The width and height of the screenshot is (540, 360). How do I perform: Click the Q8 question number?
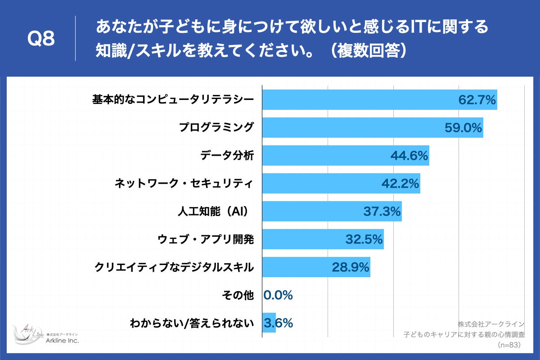pos(41,39)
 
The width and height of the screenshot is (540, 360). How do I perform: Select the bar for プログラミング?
pos(351,128)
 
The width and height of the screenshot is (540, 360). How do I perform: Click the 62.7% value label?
pos(477,100)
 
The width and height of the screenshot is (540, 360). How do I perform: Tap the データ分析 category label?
pos(227,156)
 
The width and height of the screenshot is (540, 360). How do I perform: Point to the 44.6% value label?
pos(409,156)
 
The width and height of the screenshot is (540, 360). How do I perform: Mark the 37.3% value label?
pos(382,211)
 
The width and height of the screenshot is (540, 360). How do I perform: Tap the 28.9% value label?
pos(351,267)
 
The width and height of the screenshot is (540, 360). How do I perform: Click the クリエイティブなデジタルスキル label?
pos(174,267)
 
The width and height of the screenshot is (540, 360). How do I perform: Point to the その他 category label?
pos(238,295)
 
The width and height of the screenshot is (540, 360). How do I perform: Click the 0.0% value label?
pos(278,295)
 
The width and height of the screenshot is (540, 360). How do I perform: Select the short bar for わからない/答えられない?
pos(269,323)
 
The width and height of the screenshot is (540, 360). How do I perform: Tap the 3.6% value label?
pos(279,323)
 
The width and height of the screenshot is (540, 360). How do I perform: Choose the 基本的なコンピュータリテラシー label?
pos(173,99)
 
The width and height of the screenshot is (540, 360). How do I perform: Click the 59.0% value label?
pos(463,128)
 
